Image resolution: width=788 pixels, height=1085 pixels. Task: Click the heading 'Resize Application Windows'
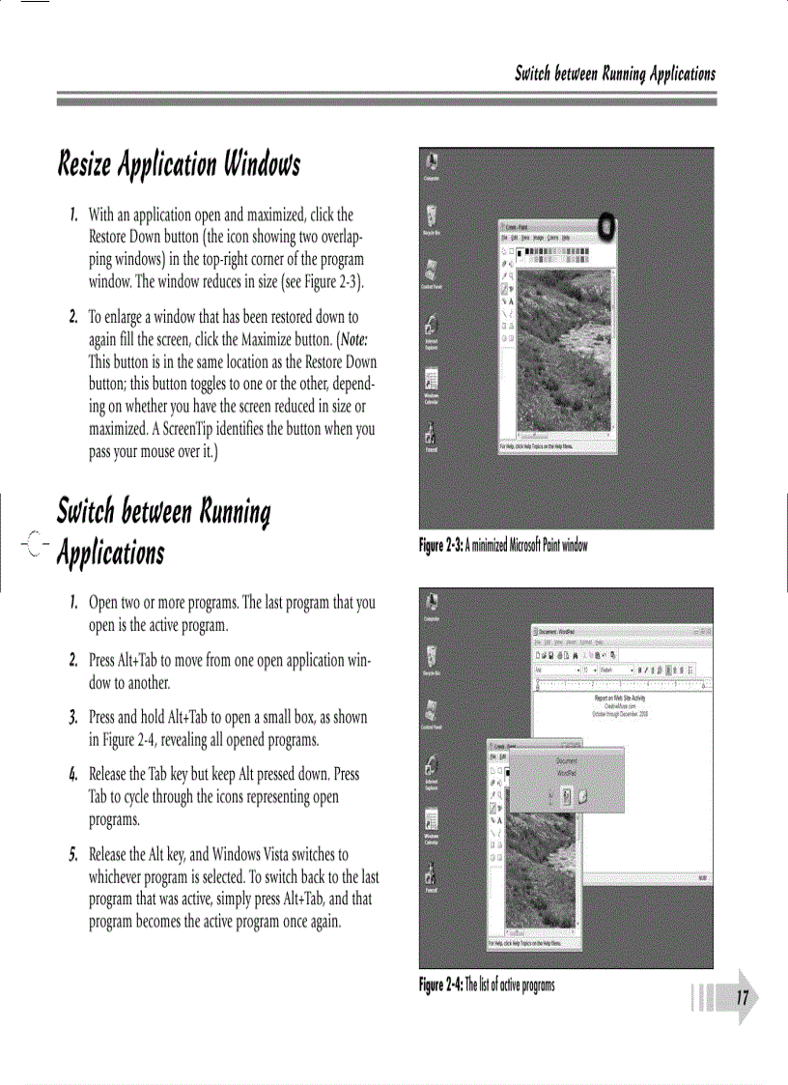[x=179, y=165]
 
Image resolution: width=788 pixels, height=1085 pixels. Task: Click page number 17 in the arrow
[x=742, y=998]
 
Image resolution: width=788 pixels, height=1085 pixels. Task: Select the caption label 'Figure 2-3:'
[x=440, y=546]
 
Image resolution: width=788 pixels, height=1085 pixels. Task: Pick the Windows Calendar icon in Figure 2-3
[x=433, y=383]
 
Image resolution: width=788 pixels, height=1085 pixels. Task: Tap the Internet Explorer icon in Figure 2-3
[x=433, y=328]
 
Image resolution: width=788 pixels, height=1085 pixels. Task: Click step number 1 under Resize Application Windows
[x=72, y=214]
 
